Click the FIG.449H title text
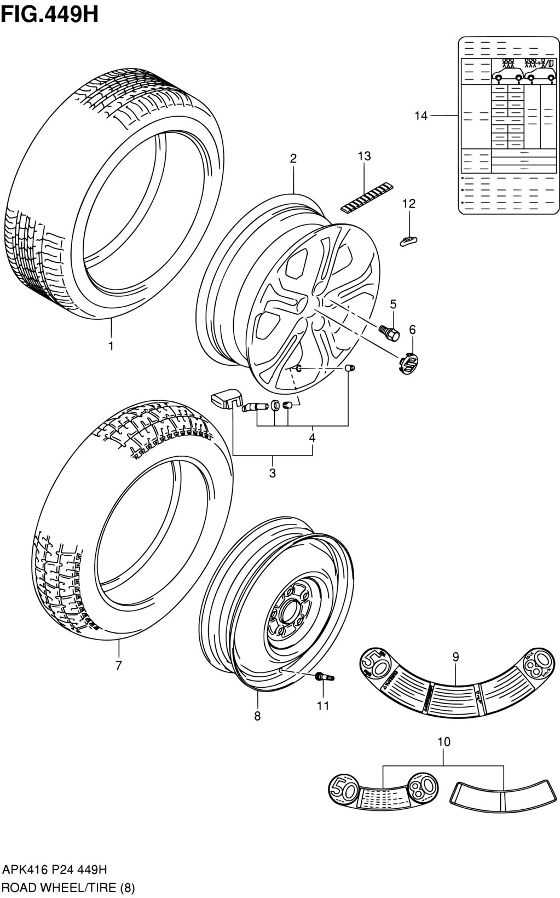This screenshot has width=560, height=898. (50, 14)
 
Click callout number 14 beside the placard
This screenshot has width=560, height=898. (420, 116)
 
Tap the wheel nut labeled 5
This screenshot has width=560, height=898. (389, 331)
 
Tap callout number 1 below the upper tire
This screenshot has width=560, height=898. (111, 346)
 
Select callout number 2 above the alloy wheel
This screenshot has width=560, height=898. (293, 158)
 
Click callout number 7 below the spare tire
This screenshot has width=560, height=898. (118, 665)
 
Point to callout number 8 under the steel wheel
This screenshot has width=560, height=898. (257, 715)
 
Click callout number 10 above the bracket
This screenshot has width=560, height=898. (444, 742)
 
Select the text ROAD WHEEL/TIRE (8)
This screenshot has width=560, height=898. (68, 888)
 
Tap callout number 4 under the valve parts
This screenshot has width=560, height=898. (312, 438)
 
